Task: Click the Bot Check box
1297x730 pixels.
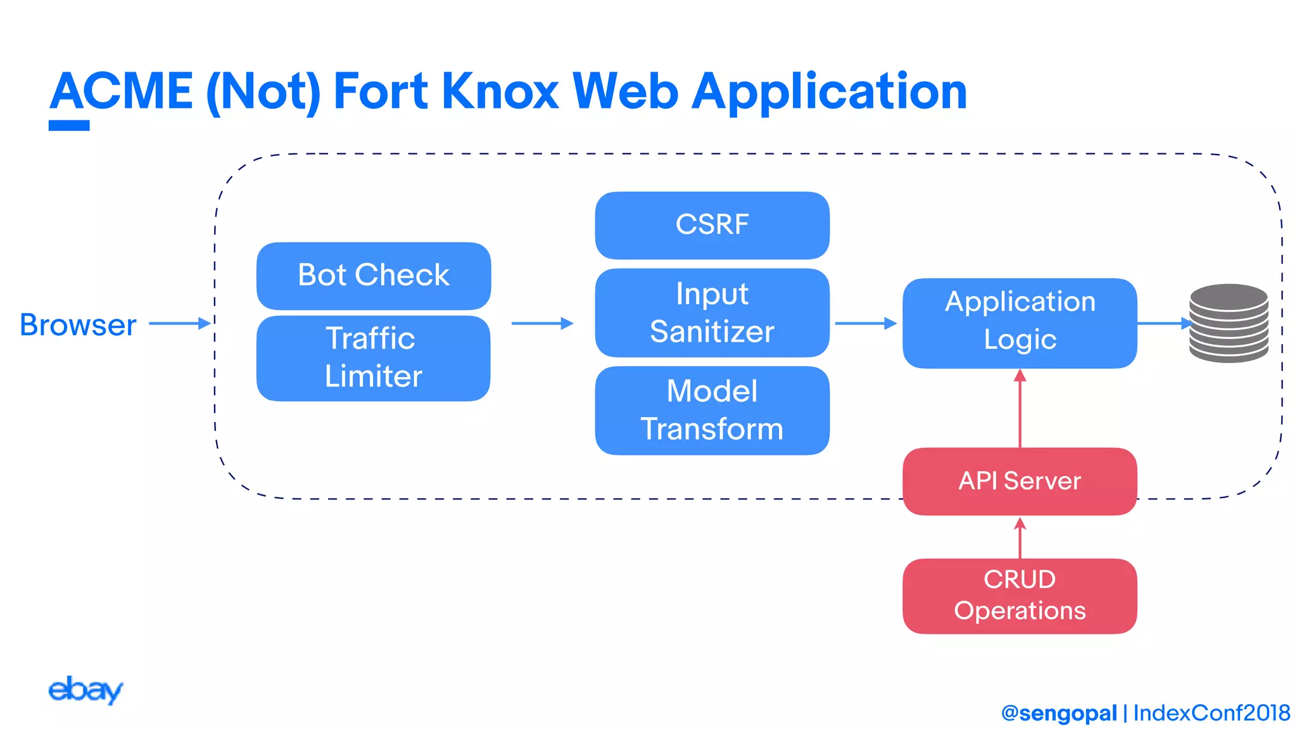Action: pyautogui.click(x=374, y=276)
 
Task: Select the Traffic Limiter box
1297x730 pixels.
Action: pyautogui.click(x=374, y=358)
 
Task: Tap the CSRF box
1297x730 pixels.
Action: pyautogui.click(x=712, y=225)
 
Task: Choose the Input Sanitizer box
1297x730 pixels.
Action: pyautogui.click(x=712, y=312)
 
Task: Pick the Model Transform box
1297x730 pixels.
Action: pyautogui.click(x=712, y=410)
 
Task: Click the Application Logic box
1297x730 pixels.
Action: pyautogui.click(x=1020, y=323)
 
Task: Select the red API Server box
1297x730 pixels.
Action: pyautogui.click(x=1020, y=481)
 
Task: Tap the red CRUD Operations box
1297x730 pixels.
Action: pyautogui.click(x=1020, y=596)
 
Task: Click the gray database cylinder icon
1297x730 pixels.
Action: pyautogui.click(x=1229, y=323)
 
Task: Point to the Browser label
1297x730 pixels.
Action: pyautogui.click(x=78, y=325)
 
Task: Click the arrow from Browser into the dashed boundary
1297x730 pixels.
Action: pyautogui.click(x=179, y=323)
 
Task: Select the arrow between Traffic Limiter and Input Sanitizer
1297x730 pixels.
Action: pyautogui.click(x=542, y=323)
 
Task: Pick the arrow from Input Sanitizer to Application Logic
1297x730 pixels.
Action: pyautogui.click(x=865, y=323)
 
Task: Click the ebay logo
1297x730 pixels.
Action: pyautogui.click(x=85, y=689)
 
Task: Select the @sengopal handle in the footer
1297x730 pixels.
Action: pyautogui.click(x=1059, y=713)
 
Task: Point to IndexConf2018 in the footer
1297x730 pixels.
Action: pyautogui.click(x=1212, y=713)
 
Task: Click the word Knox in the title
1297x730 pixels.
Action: pyautogui.click(x=500, y=92)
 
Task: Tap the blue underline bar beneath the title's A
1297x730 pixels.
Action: pyautogui.click(x=69, y=125)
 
